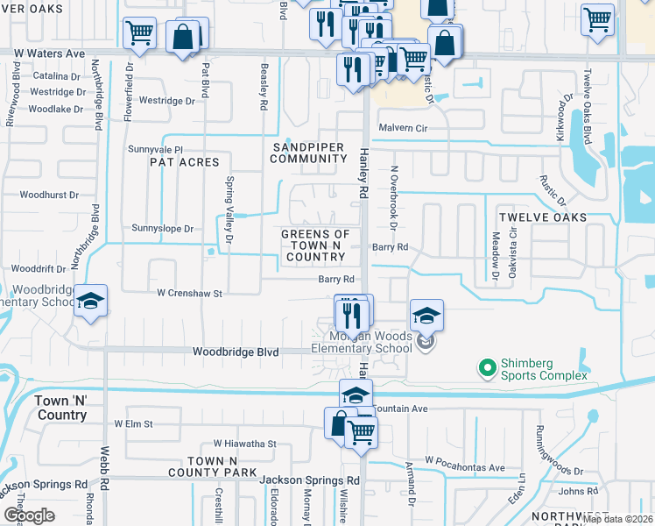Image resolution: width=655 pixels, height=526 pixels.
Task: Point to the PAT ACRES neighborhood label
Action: [183, 162]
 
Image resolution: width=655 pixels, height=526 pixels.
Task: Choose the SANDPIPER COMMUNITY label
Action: [308, 153]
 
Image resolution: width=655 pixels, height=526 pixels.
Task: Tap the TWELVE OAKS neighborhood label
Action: [542, 217]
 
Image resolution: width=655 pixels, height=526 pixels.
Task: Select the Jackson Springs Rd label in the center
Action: [310, 480]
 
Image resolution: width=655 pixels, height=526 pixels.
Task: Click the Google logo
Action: [29, 515]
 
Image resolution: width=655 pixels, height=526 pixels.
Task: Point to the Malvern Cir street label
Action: [402, 128]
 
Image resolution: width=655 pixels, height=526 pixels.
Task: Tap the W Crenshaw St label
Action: [190, 293]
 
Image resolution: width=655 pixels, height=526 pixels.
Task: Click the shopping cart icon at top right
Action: [597, 19]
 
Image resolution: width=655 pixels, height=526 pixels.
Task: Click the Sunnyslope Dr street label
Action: [162, 229]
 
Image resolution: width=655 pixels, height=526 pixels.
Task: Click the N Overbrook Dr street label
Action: [394, 198]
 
